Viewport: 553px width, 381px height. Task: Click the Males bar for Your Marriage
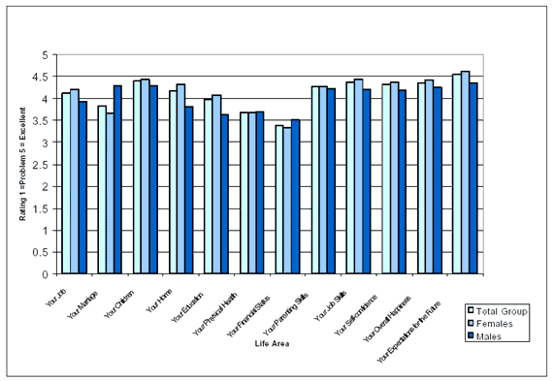click(x=117, y=180)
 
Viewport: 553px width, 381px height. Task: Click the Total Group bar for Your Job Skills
click(x=315, y=180)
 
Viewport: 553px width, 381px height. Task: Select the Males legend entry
click(x=495, y=335)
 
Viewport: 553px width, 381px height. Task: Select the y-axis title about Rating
click(x=23, y=165)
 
